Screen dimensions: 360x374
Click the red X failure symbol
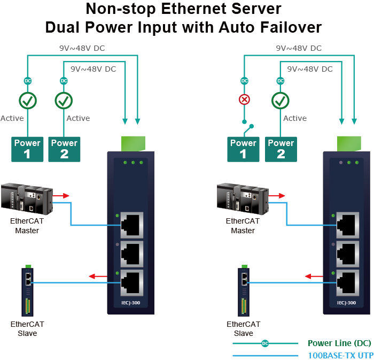[x=244, y=100]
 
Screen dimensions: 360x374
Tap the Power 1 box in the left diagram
[x=27, y=149]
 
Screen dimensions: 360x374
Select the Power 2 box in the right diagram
[x=281, y=149]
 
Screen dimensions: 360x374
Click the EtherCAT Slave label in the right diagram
[x=244, y=328]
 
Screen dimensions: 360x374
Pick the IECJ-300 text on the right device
[x=347, y=303]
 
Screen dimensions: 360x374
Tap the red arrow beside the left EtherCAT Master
[x=63, y=195]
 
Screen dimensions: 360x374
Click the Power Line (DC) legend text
[x=339, y=343]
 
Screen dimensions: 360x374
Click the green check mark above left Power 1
[x=28, y=100]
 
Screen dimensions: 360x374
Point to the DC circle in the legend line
[x=265, y=343]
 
